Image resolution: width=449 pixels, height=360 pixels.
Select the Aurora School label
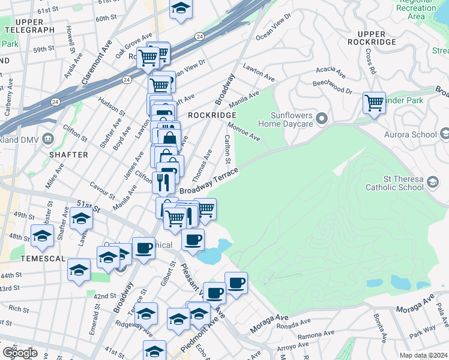coord(412,134)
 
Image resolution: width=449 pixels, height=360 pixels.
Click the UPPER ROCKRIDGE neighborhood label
coord(376,38)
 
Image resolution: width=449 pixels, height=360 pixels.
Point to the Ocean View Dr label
coord(273,26)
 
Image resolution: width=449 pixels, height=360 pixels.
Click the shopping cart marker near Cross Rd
coord(374,103)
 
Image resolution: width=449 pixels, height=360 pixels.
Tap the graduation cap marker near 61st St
coord(180,9)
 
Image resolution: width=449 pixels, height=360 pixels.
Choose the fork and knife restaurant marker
coord(163,181)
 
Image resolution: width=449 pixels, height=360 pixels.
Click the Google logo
coord(20,352)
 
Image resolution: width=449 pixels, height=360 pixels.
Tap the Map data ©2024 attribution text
coord(423,355)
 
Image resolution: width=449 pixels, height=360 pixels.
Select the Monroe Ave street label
coord(243,131)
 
